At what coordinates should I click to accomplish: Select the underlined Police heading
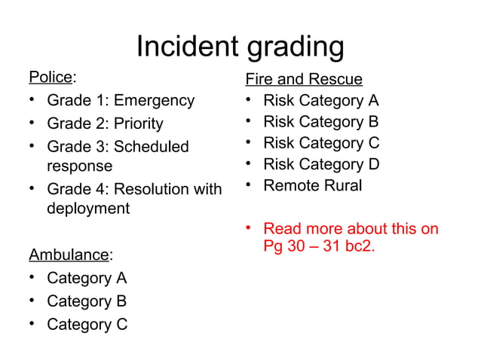[51, 78]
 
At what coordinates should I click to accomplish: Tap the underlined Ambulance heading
[69, 255]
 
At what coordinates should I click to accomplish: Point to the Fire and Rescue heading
[304, 79]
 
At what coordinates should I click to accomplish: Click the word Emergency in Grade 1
[154, 101]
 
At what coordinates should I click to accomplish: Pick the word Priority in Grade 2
[138, 124]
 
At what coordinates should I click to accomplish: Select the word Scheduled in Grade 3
[151, 147]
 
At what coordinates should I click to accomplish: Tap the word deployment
[88, 209]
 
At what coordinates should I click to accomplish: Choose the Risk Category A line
[320, 101]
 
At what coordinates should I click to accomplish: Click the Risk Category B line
[320, 122]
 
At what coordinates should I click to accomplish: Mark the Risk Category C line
[320, 143]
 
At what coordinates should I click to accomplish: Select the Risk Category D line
[320, 164]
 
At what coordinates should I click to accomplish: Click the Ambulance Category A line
[87, 278]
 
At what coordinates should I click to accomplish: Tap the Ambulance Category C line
[87, 325]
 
